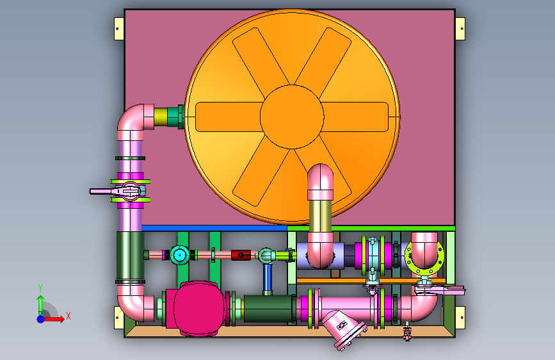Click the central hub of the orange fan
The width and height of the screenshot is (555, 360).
[x=292, y=117]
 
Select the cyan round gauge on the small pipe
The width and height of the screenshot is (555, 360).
[x=179, y=255]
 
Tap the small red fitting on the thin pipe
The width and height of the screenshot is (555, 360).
[x=241, y=255]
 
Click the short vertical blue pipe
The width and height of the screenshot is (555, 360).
[x=268, y=278]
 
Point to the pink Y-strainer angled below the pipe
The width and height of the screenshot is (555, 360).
[x=343, y=329]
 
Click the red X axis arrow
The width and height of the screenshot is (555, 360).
[x=54, y=319]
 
